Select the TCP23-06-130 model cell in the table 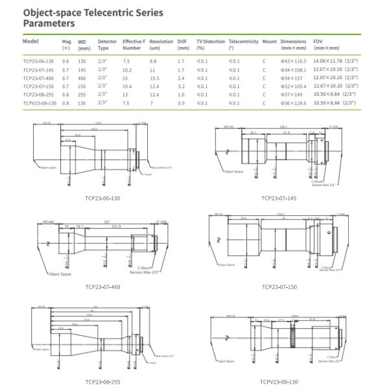[x=38, y=61]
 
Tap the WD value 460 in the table [x=82, y=77]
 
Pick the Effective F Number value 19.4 [x=127, y=85]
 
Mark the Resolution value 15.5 [x=154, y=77]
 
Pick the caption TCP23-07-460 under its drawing [x=102, y=286]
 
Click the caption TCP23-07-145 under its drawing [x=279, y=199]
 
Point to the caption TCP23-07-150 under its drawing [x=279, y=286]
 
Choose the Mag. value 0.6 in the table [x=65, y=61]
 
